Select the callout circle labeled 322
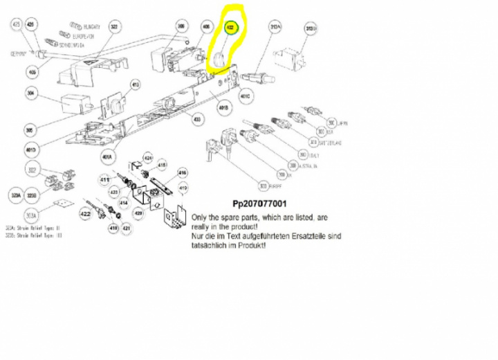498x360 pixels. click(x=115, y=27)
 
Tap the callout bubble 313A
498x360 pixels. click(x=275, y=28)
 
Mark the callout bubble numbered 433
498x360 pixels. click(x=197, y=120)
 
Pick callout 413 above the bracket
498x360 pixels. click(x=135, y=84)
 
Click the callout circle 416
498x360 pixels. click(x=183, y=173)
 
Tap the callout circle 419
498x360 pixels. click(x=183, y=188)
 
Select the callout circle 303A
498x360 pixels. click(x=31, y=215)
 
